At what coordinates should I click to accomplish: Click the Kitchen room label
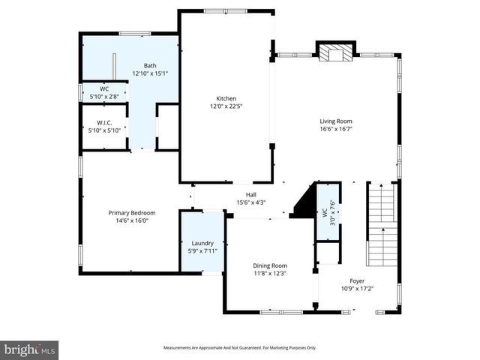coord(226,98)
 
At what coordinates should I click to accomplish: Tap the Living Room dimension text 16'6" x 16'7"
coord(336,129)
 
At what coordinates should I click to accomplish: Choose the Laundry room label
coord(202,243)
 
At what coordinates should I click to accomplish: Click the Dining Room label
coord(268,265)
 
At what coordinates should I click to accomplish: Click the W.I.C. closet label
coord(104,122)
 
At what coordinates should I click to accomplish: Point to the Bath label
coord(150,65)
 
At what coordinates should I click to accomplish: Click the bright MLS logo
coord(30,349)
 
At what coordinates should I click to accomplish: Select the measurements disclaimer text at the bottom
coord(240,347)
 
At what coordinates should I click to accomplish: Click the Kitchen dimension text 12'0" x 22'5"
coord(226,106)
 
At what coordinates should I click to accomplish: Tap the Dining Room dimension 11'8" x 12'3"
coord(268,274)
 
